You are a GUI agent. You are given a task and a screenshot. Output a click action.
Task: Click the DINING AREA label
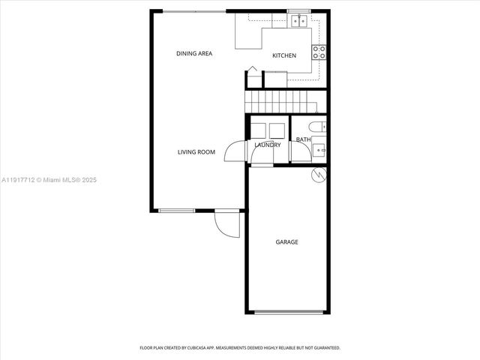[194, 53]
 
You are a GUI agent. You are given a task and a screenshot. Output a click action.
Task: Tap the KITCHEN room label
[284, 55]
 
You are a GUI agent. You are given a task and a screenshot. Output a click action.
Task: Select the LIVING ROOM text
[196, 152]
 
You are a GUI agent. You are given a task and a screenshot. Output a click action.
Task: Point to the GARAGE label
[286, 242]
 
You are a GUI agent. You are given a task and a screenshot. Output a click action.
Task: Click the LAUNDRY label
[268, 145]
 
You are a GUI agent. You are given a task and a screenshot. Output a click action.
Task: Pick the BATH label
[303, 139]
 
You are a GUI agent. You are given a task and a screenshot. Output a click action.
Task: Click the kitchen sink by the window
[298, 20]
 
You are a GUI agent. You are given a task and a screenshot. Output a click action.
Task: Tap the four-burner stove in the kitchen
[319, 52]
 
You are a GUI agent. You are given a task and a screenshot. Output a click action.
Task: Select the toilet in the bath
[319, 127]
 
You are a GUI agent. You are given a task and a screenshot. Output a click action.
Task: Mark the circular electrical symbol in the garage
[318, 175]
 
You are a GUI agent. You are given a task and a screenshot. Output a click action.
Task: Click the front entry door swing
[226, 223]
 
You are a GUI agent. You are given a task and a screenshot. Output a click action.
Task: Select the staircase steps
[283, 100]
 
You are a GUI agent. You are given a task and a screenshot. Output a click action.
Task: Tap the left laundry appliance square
[259, 129]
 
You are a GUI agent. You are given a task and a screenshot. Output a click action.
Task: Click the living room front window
[178, 210]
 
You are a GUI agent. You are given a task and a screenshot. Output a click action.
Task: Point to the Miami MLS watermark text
[49, 180]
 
